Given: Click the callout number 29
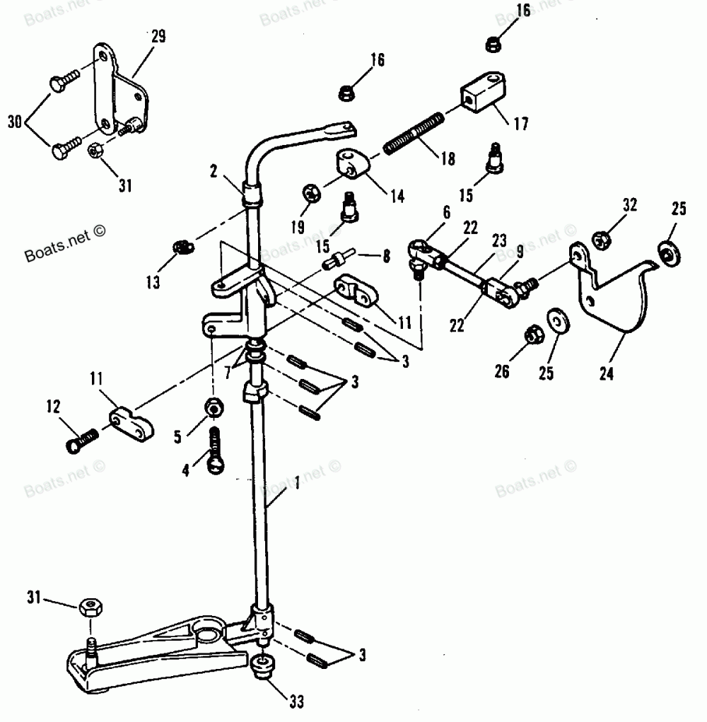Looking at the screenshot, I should [158, 37].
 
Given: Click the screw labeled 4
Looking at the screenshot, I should [216, 448].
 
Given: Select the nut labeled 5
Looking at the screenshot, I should [213, 408].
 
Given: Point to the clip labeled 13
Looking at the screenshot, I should [182, 247].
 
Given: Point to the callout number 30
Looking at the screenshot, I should [13, 121].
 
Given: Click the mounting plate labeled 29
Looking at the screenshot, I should [120, 88].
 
